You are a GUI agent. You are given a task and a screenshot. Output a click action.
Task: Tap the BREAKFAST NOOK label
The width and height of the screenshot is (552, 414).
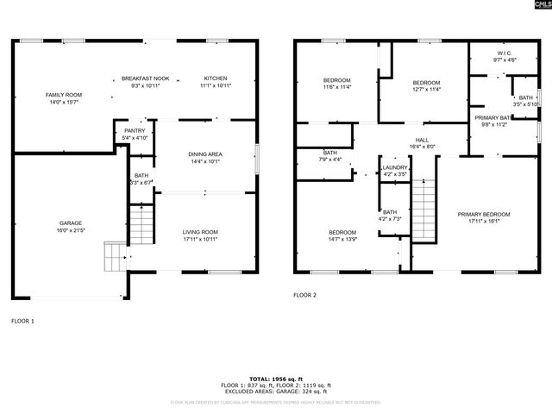[145, 78]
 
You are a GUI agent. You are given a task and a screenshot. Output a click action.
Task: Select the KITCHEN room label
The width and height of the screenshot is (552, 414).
[216, 78]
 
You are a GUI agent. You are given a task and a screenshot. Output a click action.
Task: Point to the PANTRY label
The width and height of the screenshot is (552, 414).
[135, 130]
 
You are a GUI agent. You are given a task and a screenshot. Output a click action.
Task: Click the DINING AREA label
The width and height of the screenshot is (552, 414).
[205, 154]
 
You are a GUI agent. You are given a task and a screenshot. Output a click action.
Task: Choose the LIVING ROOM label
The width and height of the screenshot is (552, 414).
[199, 231]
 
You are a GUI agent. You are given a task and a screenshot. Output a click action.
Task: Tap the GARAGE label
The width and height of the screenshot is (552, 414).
[71, 223]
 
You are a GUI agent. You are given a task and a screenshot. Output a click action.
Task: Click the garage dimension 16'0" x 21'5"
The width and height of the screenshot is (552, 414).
[71, 230]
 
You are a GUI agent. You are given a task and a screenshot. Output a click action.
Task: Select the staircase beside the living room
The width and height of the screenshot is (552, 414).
[141, 227]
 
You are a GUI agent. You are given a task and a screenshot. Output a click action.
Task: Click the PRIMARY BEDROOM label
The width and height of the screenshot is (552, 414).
[484, 214]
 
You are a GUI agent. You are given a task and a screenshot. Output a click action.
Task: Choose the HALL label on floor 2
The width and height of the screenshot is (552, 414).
[422, 140]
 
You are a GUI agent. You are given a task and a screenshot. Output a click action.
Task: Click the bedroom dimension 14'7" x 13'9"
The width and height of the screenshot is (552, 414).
[342, 238]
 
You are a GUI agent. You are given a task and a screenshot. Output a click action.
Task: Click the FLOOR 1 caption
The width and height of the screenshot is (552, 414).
[22, 321]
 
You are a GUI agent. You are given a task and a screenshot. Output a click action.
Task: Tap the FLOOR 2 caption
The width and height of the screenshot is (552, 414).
[304, 295]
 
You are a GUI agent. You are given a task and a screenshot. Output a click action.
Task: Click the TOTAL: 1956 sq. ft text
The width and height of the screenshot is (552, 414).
[276, 379]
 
